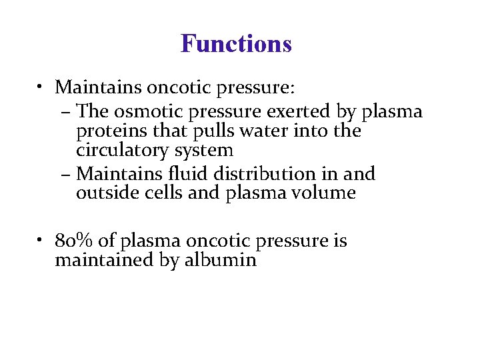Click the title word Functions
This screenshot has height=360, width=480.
[236, 44]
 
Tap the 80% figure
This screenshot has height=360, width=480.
[71, 240]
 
